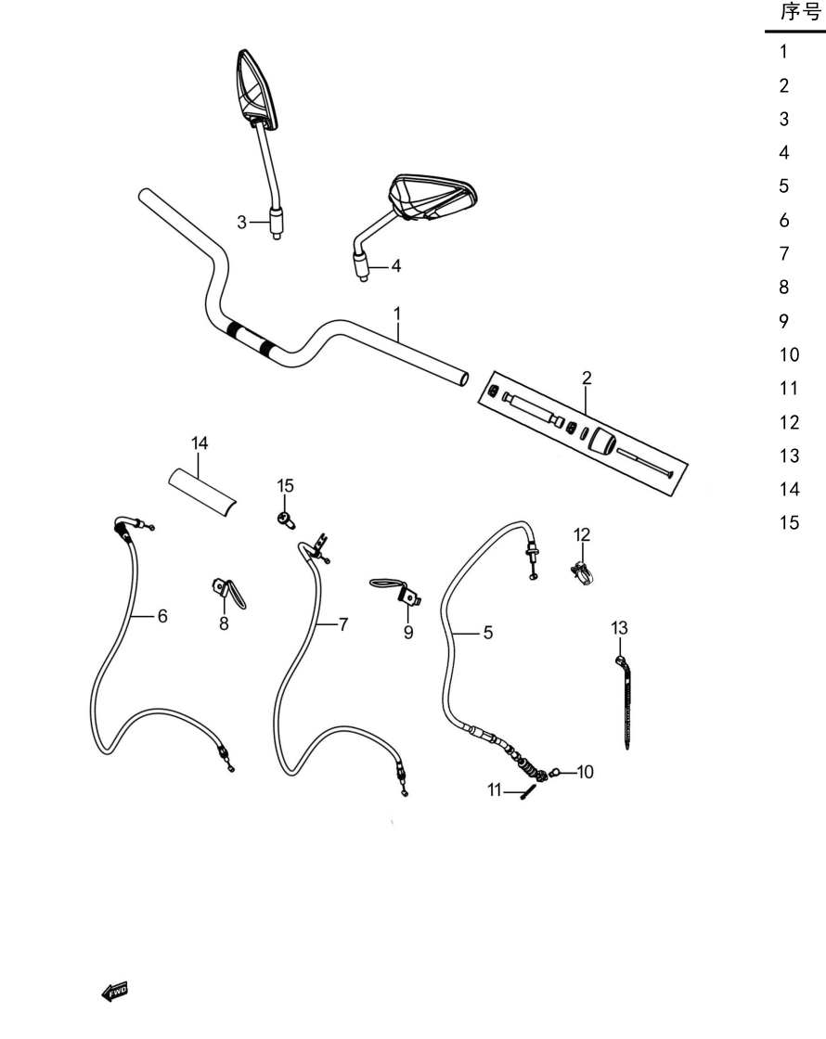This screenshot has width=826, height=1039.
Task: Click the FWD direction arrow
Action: coord(114,992)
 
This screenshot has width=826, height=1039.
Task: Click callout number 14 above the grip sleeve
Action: coord(200,443)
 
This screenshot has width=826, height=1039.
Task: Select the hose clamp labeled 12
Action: coord(581,571)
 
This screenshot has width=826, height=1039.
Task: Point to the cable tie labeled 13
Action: coord(625,701)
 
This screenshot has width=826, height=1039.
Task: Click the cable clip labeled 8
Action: coord(228,593)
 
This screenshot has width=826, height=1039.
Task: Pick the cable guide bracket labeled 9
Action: coord(396,590)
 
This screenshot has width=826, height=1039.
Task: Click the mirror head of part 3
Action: coord(256,89)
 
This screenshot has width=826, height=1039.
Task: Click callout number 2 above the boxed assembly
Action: coord(586,378)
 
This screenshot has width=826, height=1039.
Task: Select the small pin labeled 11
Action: coord(528,792)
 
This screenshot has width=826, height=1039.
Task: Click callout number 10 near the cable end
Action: coord(585,772)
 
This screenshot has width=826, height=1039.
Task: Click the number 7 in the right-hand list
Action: coord(784,254)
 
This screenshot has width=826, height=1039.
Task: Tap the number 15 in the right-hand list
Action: coord(789,523)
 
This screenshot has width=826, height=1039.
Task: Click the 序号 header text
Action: coord(800,12)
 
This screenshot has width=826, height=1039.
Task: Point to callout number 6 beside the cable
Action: coord(162,616)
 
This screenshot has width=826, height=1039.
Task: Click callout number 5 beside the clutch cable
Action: coord(488,633)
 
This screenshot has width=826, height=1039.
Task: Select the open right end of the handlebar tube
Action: coord(463,378)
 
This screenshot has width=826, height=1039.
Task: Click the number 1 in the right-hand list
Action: coord(783,52)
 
